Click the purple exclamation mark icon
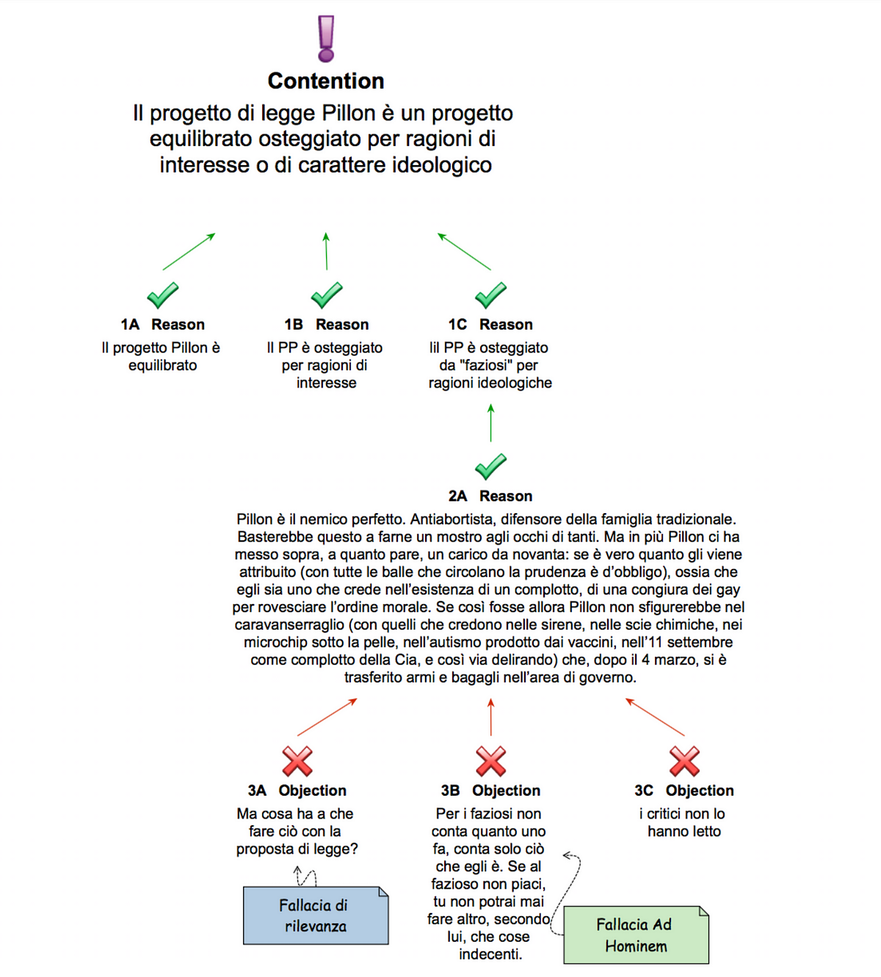coord(326,38)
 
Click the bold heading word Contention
coord(326,81)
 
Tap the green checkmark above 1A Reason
coord(163,295)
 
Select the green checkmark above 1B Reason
coord(327,295)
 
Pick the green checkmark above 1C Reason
coord(490,295)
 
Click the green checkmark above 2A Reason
coord(490,467)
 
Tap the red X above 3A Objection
coord(297,760)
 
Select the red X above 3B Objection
coord(490,760)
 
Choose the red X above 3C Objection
coord(685,760)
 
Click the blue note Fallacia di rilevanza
coord(316,915)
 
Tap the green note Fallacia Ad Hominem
coord(636,934)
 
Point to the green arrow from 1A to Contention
coord(189,251)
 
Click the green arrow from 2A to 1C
coord(490,422)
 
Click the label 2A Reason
coord(490,495)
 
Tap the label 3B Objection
coord(490,790)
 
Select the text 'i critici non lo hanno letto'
coord(684,822)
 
